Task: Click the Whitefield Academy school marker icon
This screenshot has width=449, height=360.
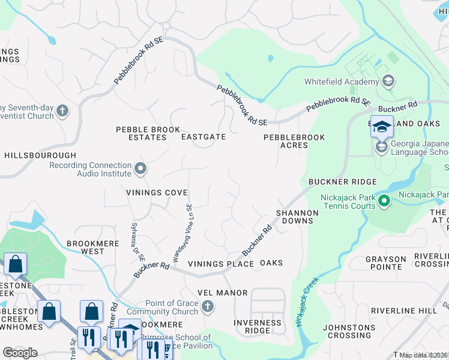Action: (388, 81)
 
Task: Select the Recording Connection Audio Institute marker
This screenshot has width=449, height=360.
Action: (140, 169)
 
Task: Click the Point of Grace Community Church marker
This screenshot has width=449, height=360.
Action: (207, 307)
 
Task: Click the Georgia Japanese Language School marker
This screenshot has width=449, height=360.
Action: (381, 147)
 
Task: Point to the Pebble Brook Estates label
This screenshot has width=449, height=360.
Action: (148, 133)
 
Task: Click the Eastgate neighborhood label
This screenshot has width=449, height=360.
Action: (203, 137)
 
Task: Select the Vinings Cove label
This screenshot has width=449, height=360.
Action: (157, 193)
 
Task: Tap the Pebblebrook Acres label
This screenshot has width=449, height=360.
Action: (294, 141)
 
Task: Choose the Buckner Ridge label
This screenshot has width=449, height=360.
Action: (342, 181)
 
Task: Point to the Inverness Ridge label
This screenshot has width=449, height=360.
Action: (257, 326)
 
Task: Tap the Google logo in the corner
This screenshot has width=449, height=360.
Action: (20, 352)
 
